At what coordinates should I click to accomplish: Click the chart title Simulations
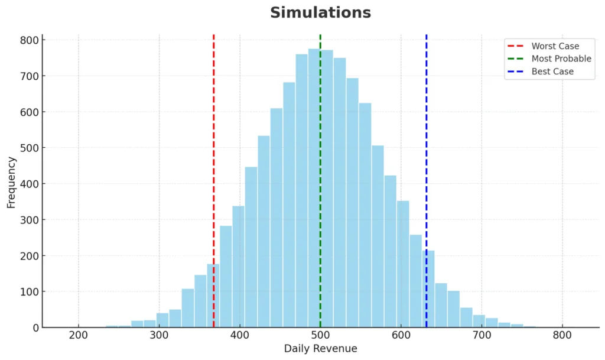tap(320, 12)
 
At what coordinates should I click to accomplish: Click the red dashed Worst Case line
tap(213, 177)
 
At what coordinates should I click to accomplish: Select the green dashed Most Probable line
tap(320, 177)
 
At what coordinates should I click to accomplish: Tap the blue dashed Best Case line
tap(426, 177)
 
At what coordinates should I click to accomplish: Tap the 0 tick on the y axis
tap(36, 327)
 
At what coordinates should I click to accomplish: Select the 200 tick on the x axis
tap(79, 335)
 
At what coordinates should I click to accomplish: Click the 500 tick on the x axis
tap(320, 335)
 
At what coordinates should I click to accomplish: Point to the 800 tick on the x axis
tap(562, 335)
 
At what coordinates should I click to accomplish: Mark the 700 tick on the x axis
tap(482, 335)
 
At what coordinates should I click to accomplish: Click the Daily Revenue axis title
tap(320, 349)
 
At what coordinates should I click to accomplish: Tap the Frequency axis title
tap(11, 181)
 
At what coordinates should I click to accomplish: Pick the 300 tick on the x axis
tap(159, 335)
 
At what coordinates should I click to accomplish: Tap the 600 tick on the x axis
tap(401, 335)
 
